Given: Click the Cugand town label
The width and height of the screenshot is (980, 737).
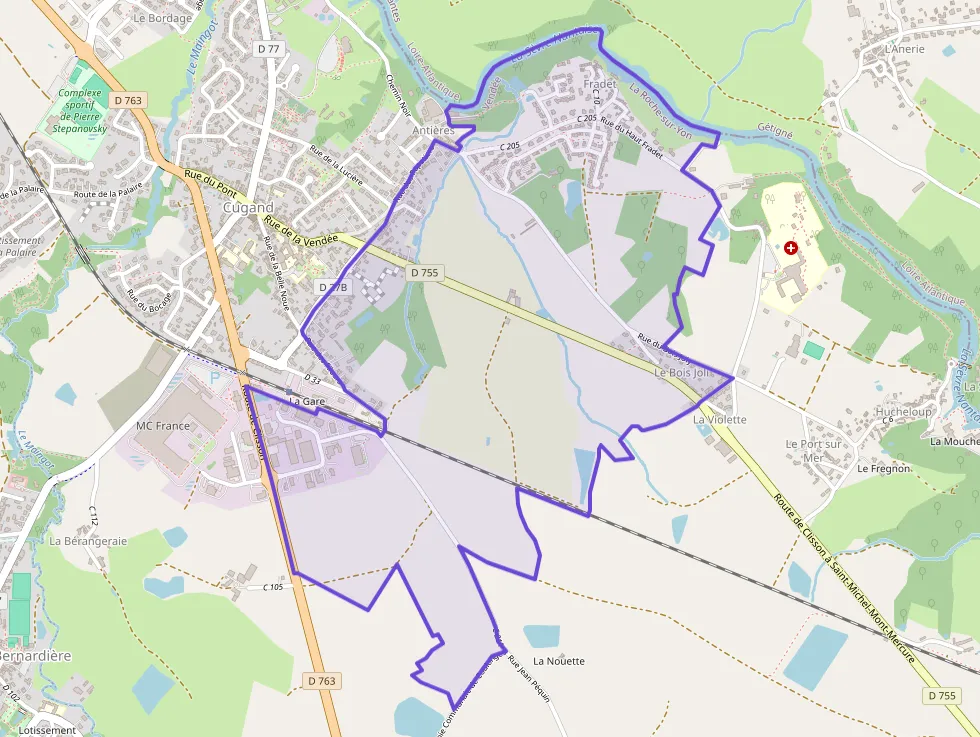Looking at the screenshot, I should point(248,208).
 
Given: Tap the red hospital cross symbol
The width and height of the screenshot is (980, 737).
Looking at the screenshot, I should point(792,247).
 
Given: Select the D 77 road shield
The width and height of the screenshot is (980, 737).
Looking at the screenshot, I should point(268,48).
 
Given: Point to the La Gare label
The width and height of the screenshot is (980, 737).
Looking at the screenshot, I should point(308,401).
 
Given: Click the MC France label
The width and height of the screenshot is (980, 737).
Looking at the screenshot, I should point(162,426).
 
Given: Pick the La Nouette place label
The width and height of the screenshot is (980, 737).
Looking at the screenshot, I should point(558,661).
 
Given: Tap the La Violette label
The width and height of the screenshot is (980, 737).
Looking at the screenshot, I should point(720,420).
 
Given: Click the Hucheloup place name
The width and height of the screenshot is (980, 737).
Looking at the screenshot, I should point(903,412).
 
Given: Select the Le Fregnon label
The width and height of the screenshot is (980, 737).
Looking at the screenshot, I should point(883,468).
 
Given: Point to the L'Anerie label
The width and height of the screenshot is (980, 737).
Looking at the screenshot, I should point(905,48).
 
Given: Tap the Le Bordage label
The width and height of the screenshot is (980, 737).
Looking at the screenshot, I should point(162,18).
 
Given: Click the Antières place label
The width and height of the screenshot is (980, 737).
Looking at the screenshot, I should point(433,131).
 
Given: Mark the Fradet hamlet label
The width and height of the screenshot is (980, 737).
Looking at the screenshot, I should point(600,84).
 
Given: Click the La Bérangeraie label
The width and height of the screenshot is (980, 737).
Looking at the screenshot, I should point(88,541).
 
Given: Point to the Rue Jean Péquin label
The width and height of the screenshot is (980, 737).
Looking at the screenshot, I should point(530,680).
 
